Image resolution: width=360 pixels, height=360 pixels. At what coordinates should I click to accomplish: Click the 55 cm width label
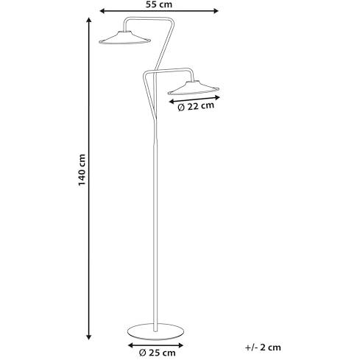[x=159, y=4]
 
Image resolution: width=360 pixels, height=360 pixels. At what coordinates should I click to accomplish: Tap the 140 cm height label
[x=82, y=170]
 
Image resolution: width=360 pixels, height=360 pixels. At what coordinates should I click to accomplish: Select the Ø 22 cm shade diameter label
[x=196, y=107]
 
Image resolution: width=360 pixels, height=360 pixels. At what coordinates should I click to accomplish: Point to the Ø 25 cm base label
[x=158, y=353]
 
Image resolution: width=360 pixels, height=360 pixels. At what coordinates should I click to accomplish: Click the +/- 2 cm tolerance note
[x=263, y=347]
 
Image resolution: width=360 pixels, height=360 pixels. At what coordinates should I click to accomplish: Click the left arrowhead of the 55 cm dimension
[x=102, y=11]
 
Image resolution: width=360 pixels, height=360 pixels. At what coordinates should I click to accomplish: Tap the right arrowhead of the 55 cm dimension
[x=216, y=11]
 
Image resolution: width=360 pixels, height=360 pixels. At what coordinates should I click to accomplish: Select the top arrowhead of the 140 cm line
[x=89, y=21]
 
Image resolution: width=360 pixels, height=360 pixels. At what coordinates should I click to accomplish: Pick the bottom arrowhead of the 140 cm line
[x=89, y=337]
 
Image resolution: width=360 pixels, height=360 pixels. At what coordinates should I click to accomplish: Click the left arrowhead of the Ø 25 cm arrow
[x=131, y=345]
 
